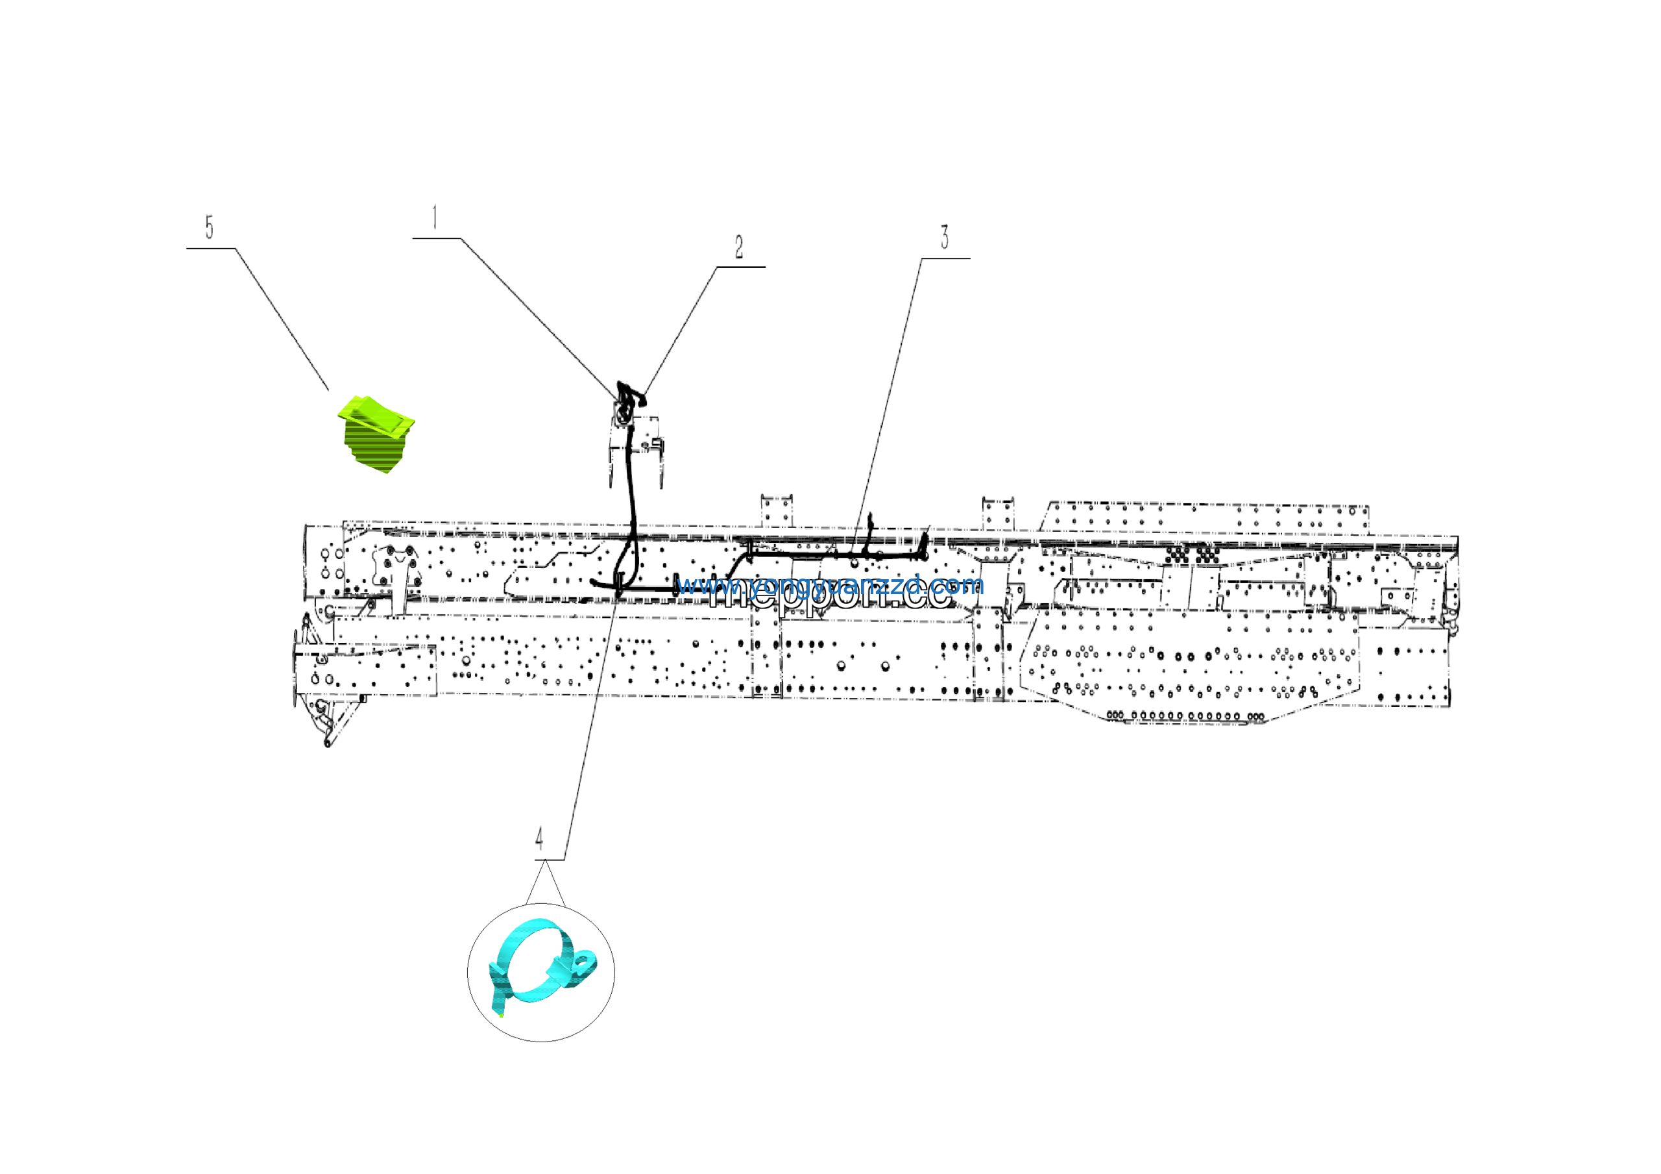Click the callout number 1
(x=435, y=217)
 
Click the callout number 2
(x=738, y=247)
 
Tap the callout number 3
(x=944, y=238)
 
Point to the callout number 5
(x=209, y=227)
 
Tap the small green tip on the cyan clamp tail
(x=501, y=1015)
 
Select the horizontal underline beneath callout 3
(x=945, y=258)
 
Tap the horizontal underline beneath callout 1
(x=436, y=238)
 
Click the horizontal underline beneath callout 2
(x=741, y=267)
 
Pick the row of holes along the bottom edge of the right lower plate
(x=1187, y=717)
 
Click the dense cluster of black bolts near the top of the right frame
(x=1191, y=555)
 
